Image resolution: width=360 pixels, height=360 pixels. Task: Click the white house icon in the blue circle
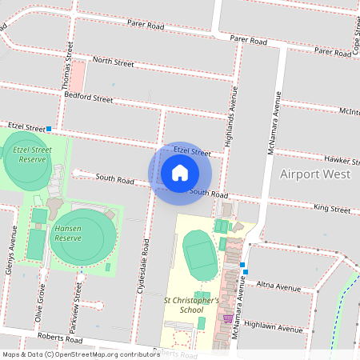click(x=180, y=172)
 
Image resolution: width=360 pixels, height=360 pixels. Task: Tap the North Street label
click(x=113, y=60)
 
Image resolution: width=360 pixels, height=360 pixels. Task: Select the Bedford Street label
click(x=89, y=98)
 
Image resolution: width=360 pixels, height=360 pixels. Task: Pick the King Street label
click(x=332, y=209)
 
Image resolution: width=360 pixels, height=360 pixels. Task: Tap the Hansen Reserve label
click(x=68, y=234)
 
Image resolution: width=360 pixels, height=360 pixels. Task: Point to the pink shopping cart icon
click(x=228, y=318)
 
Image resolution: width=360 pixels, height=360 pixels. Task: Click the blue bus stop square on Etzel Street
click(x=49, y=128)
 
